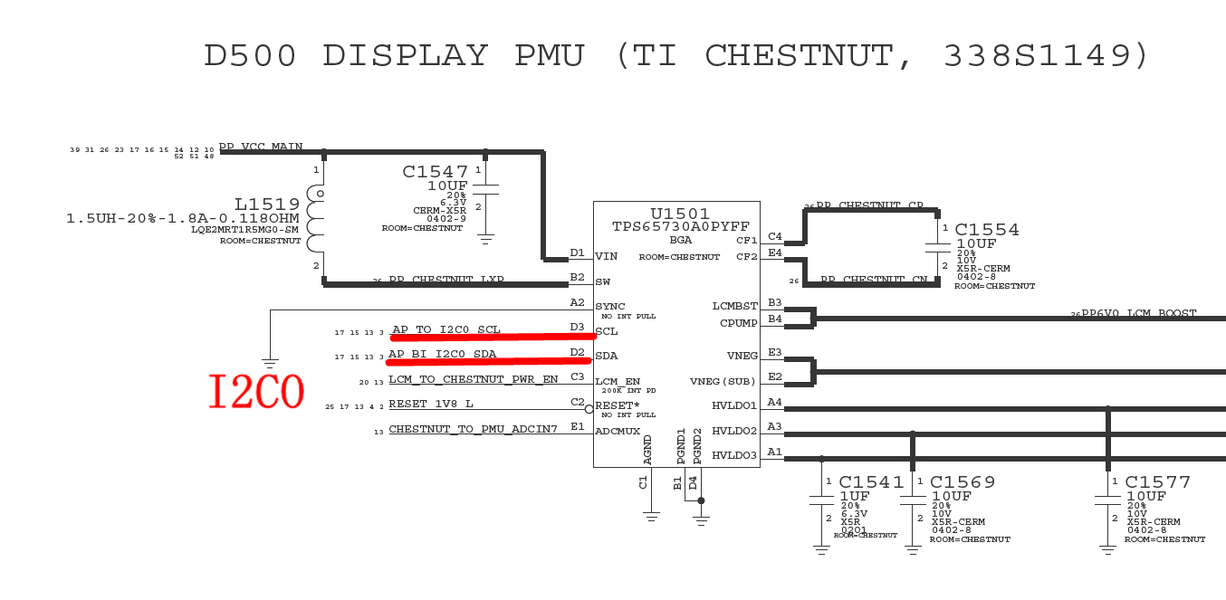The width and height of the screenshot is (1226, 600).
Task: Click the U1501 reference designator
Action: [680, 214]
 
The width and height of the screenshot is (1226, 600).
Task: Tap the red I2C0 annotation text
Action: [256, 392]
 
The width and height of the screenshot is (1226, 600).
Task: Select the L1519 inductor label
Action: [267, 205]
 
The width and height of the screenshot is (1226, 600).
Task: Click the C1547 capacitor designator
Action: [436, 172]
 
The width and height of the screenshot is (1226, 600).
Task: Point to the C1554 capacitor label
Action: [987, 230]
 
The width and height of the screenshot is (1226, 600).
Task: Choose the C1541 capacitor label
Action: [872, 482]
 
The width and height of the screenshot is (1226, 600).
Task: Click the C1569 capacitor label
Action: [963, 482]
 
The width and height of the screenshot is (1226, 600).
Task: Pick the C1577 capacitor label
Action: [1158, 482]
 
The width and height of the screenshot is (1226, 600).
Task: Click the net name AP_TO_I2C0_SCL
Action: [446, 329]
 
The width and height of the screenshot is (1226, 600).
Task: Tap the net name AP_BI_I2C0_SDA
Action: [443, 354]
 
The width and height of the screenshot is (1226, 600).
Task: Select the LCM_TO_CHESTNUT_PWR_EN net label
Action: [473, 379]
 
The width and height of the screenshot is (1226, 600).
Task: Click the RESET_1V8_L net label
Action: [431, 404]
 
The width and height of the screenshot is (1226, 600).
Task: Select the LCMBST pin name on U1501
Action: [734, 307]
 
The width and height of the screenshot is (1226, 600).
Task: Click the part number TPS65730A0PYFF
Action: [679, 226]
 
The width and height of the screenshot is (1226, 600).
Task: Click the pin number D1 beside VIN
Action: [578, 252]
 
